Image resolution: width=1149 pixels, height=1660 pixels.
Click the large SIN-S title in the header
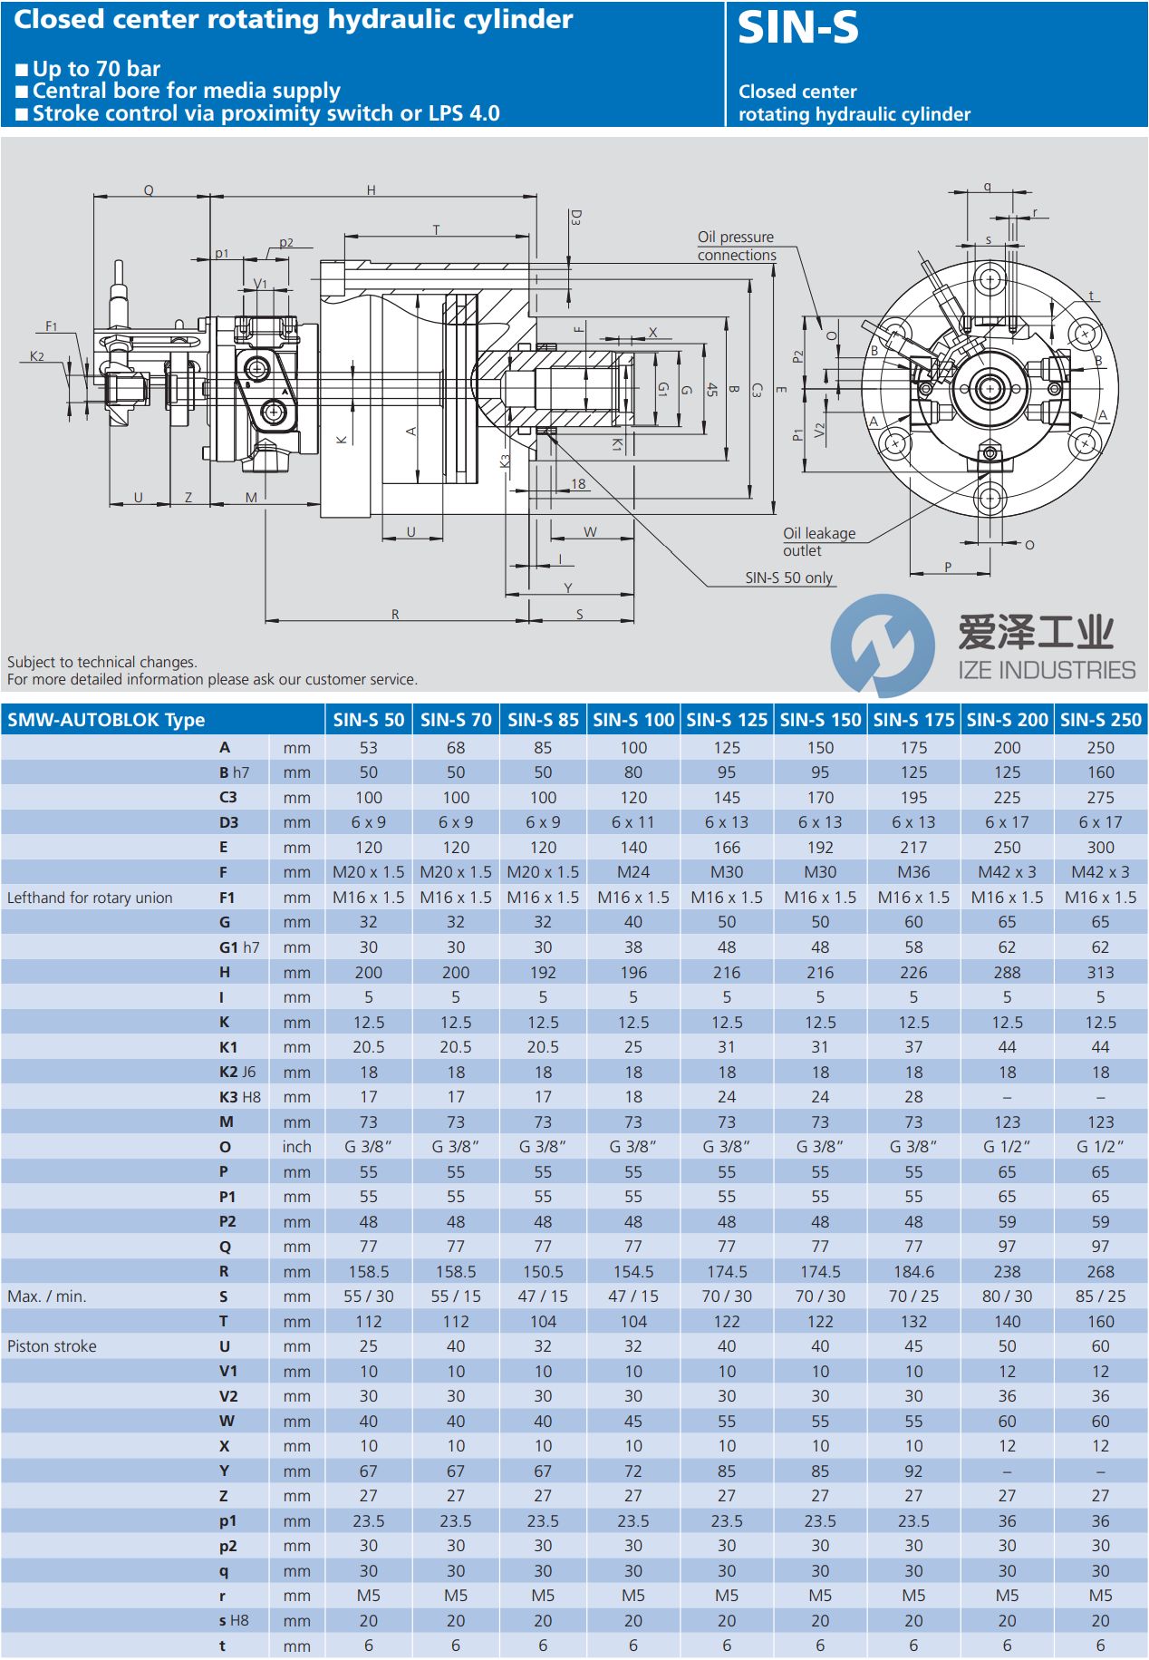click(797, 28)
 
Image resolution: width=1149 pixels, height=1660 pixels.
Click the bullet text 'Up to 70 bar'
click(96, 69)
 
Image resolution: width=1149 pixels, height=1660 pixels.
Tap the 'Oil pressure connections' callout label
click(736, 246)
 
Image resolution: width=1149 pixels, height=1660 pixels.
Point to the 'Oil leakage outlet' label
click(818, 541)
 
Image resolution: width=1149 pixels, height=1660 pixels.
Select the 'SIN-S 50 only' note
click(788, 578)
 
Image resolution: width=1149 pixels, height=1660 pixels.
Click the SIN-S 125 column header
click(727, 720)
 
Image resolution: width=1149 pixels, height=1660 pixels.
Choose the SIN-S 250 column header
click(1100, 720)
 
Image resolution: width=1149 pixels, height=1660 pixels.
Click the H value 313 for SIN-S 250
click(1100, 972)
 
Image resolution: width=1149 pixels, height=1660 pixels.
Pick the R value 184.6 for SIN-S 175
click(913, 1271)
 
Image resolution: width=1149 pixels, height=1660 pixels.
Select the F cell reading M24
click(633, 872)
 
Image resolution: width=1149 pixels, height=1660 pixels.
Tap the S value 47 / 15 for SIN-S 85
click(543, 1296)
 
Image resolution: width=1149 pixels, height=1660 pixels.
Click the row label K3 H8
click(239, 1097)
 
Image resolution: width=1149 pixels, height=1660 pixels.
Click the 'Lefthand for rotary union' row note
click(90, 898)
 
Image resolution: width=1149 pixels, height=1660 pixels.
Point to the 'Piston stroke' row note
click(52, 1346)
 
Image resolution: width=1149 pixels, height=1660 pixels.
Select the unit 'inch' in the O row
click(296, 1147)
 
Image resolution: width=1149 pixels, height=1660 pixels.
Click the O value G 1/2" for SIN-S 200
click(1007, 1147)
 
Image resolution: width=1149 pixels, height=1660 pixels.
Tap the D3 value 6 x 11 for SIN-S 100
click(633, 822)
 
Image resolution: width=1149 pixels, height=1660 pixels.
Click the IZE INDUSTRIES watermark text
click(1047, 670)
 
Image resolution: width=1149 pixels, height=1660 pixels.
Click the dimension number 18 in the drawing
click(578, 483)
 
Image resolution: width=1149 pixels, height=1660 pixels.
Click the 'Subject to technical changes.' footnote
click(102, 662)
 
